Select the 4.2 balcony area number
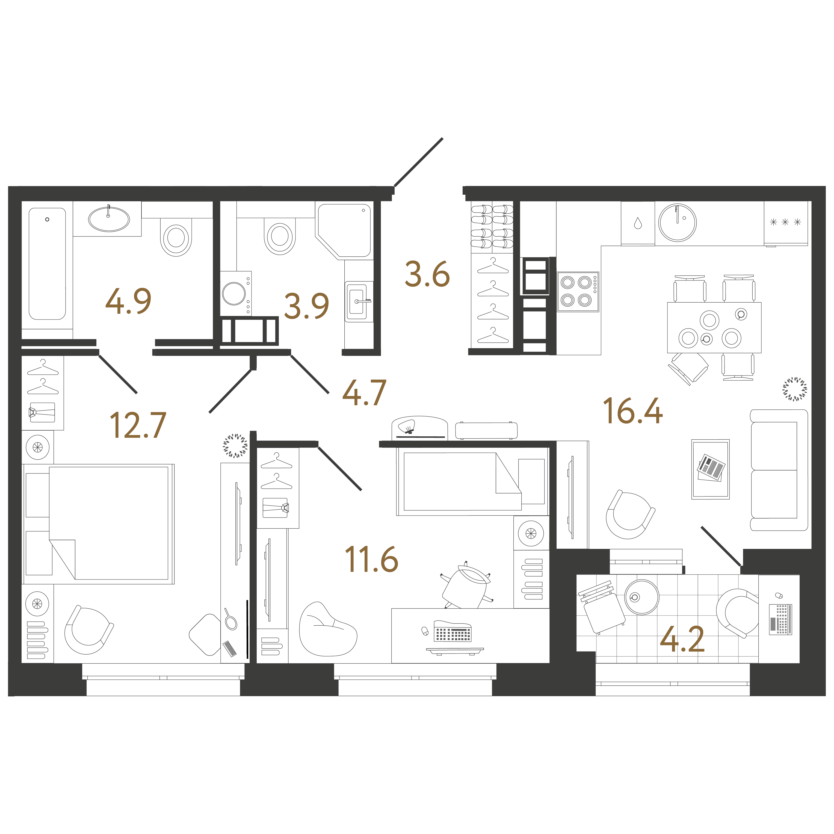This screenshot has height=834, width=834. point(682,639)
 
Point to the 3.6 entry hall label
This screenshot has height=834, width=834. point(427,274)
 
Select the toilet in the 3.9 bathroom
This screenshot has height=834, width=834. point(280,236)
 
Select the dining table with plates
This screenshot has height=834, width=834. point(714,328)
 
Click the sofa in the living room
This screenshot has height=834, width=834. point(779,470)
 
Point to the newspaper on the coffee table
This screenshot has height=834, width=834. point(711,467)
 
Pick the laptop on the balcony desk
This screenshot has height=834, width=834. point(780,619)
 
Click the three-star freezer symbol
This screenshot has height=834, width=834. point(785,222)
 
